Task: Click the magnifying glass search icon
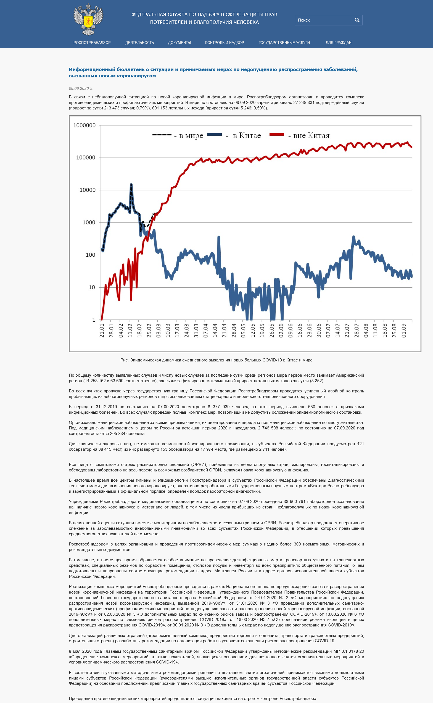357,20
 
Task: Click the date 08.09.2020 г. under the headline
81,88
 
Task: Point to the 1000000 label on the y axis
85,125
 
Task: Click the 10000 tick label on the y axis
88,190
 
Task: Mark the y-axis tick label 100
91,255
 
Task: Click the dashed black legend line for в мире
162,135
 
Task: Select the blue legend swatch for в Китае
215,134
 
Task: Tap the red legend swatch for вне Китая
277,134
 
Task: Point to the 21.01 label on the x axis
102,330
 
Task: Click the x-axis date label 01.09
404,330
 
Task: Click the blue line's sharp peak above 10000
131,184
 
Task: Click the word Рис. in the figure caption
124,360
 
